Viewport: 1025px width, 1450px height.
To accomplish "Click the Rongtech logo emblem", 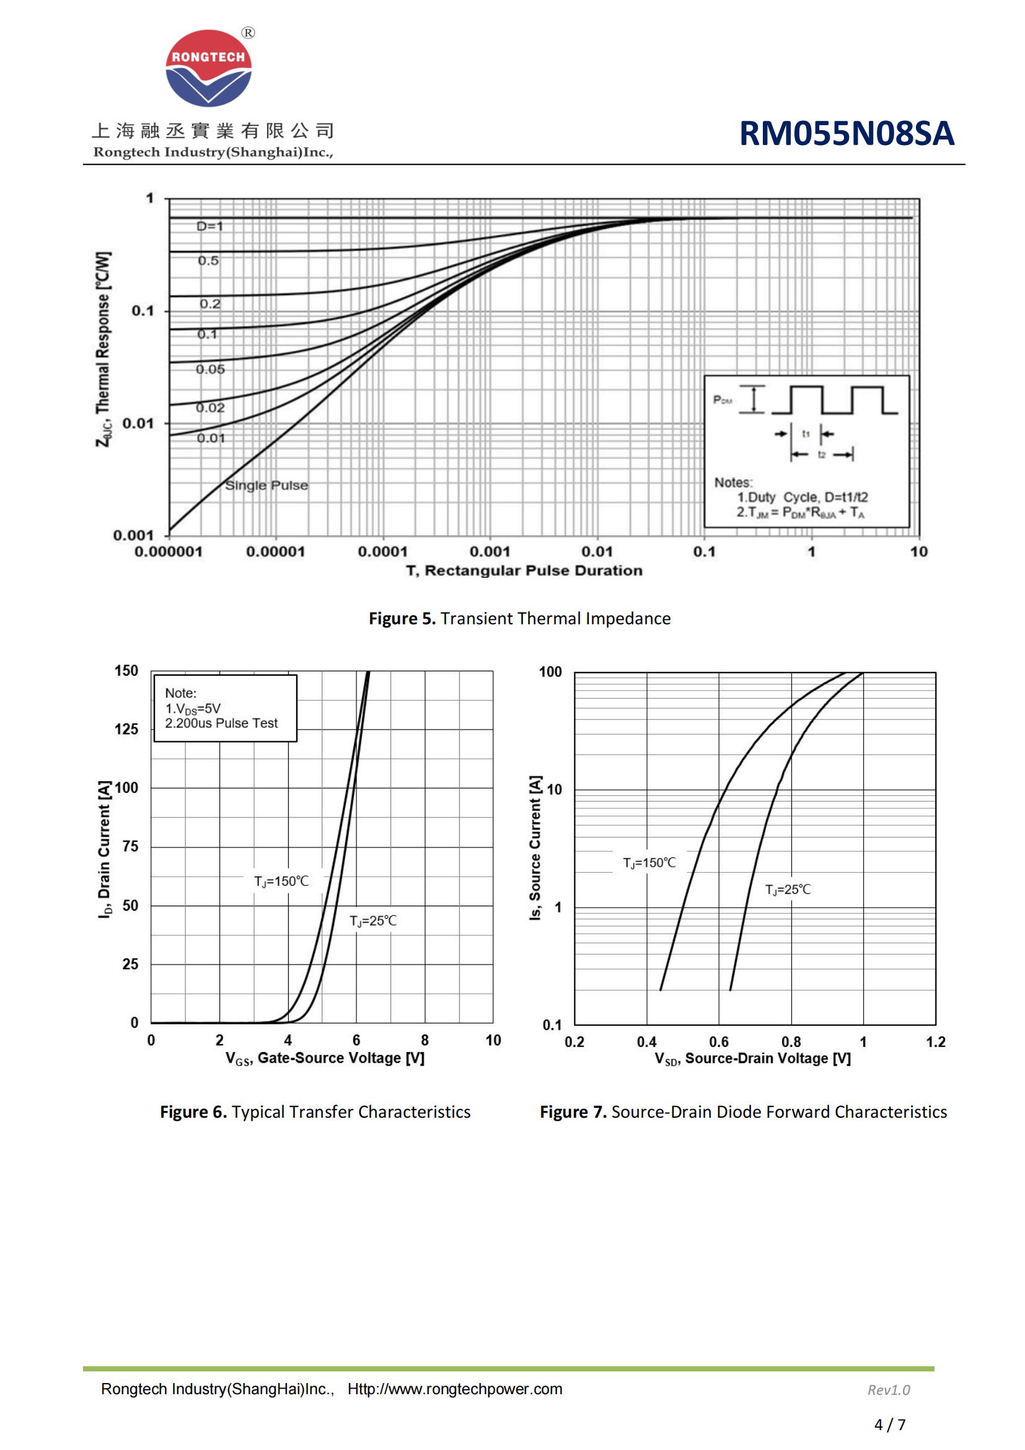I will tap(208, 68).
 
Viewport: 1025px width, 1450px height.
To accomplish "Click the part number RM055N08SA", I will tap(846, 134).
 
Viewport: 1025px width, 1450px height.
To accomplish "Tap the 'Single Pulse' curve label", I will tap(266, 485).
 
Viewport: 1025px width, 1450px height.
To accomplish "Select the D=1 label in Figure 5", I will tap(209, 226).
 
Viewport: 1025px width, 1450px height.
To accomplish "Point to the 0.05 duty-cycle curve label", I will tap(210, 369).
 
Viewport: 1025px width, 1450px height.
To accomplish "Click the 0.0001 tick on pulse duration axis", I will tap(382, 552).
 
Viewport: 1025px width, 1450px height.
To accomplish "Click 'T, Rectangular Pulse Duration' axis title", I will tap(524, 571).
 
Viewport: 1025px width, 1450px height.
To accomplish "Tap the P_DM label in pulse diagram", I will tap(722, 400).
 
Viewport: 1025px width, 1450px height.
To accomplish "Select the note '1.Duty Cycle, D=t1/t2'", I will tap(802, 497).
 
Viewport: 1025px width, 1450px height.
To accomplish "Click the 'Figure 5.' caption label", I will tap(402, 619).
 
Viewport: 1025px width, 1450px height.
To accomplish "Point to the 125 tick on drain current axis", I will tap(126, 730).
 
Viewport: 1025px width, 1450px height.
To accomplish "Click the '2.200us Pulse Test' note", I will tap(221, 723).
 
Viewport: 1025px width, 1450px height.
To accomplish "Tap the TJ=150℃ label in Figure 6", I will tap(281, 882).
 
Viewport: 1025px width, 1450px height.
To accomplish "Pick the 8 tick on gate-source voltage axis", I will tap(425, 1040).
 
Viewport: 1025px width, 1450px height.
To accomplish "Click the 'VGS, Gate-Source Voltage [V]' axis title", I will tap(325, 1058).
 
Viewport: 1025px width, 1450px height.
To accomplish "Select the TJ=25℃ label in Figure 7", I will tap(788, 890).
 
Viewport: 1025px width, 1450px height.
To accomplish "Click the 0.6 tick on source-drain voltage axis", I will tap(719, 1042).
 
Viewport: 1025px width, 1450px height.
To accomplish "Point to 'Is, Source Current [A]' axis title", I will tap(535, 847).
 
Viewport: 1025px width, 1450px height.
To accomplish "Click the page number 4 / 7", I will tap(889, 1425).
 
